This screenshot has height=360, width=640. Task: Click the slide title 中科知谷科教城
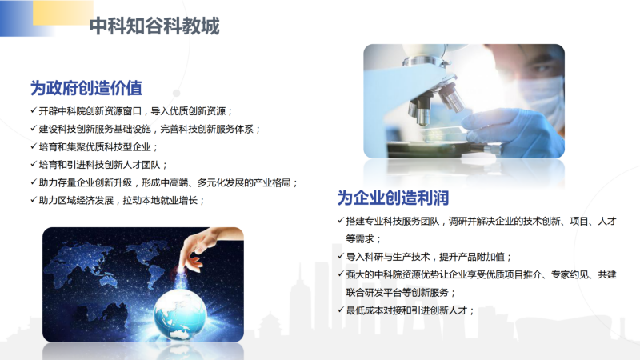(x=154, y=26)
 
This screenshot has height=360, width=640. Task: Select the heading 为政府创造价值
(x=86, y=88)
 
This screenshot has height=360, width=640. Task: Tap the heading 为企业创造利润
(x=393, y=198)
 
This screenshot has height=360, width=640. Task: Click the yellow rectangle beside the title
(x=63, y=12)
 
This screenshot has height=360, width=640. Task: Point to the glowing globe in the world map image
(x=180, y=314)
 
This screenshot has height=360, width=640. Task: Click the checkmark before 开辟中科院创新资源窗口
(x=34, y=110)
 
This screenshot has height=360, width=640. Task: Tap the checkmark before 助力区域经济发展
(x=34, y=199)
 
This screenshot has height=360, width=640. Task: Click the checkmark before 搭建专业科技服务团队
(x=341, y=221)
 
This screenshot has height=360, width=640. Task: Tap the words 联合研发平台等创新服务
(x=401, y=293)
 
